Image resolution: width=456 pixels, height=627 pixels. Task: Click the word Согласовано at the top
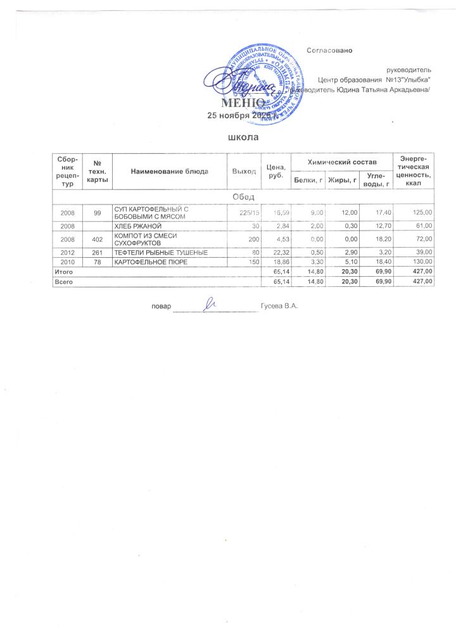[x=329, y=49]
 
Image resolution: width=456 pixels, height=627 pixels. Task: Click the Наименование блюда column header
[x=170, y=172]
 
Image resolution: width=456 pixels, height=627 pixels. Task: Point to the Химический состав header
[x=341, y=163]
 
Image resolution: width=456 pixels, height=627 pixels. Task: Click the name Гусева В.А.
[x=279, y=307]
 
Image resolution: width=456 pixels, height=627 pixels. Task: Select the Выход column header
[x=244, y=172]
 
